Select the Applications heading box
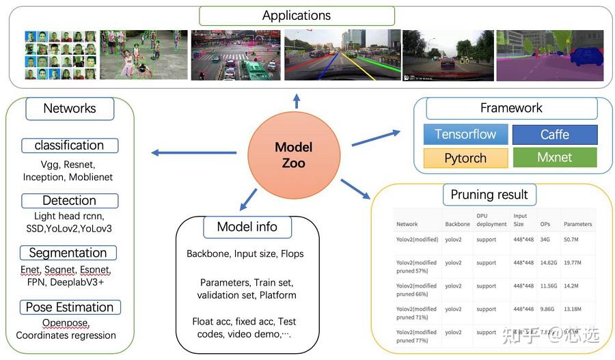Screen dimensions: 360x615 (297, 16)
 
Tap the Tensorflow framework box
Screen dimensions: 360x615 (465, 134)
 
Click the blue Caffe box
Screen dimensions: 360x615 (554, 135)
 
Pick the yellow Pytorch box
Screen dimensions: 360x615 (465, 158)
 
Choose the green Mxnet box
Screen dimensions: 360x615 (554, 158)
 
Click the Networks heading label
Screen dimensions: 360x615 (70, 108)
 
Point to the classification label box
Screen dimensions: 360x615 (69, 146)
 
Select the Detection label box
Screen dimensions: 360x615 (69, 201)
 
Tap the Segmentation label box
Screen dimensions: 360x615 (68, 253)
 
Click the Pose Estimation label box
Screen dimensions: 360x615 (70, 307)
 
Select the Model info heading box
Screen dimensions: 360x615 (247, 227)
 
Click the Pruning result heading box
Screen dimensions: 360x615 (489, 194)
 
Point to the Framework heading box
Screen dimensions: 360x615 (511, 108)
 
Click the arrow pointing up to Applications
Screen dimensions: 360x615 (297, 102)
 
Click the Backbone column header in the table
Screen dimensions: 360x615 (457, 224)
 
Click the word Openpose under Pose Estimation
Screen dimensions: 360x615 (66, 322)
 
